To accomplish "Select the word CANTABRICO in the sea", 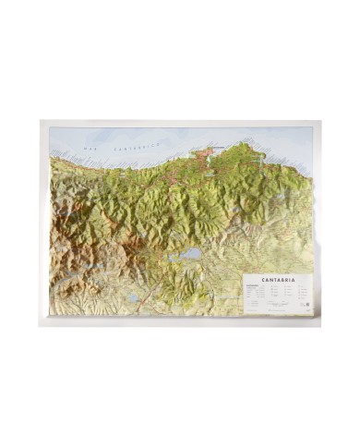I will point(138,145).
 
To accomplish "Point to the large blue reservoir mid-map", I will point(188,252).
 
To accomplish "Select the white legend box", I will point(277,295).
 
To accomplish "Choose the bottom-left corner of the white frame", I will point(39,325).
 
